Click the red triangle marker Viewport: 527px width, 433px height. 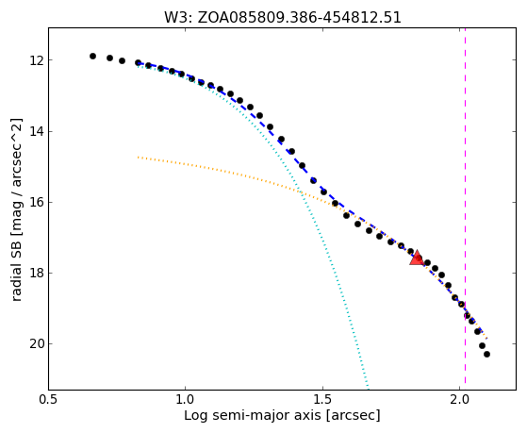coord(417,258)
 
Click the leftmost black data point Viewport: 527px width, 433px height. coord(92,56)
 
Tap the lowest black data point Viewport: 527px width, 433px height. coord(486,354)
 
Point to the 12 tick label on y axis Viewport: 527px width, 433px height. coord(36,60)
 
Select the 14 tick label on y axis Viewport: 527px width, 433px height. coord(36,131)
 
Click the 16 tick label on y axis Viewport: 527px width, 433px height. coord(36,203)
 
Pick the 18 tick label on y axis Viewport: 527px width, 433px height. coord(36,274)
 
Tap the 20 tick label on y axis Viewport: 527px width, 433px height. coord(36,343)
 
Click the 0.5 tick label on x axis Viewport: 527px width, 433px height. coord(48,399)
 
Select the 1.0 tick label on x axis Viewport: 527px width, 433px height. coord(186,399)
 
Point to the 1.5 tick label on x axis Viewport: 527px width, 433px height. coord(322,399)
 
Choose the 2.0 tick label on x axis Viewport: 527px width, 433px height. coord(460,399)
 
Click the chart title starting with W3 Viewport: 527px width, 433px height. coord(282,17)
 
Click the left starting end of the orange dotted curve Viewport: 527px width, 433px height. coord(138,157)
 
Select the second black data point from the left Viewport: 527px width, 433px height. coord(109,58)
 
